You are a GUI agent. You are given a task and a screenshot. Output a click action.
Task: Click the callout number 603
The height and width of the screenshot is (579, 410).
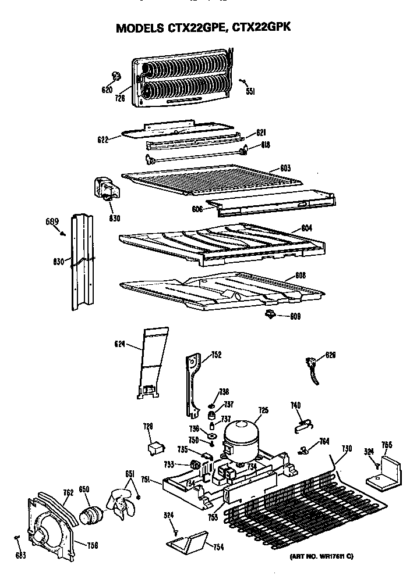(x=285, y=169)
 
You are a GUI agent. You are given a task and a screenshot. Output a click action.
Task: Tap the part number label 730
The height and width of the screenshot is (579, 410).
(x=347, y=448)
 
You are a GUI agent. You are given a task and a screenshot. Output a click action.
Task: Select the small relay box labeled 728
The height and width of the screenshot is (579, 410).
(x=155, y=448)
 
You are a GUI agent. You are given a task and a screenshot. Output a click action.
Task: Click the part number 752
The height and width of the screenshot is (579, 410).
(x=216, y=355)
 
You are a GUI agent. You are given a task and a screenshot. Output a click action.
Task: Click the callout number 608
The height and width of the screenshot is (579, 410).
(x=301, y=274)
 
